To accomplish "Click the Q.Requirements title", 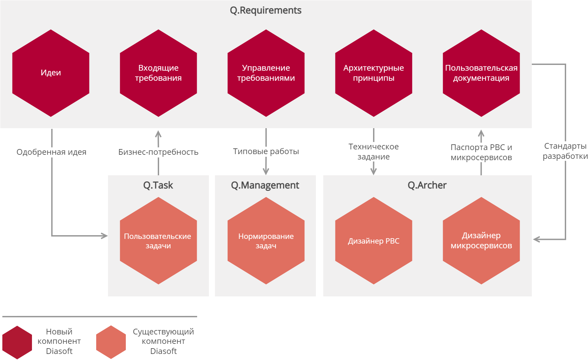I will pos(265,10).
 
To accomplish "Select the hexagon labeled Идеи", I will pos(51,73).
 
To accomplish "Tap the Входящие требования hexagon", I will pos(158,73).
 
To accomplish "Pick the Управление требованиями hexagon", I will pos(266,73).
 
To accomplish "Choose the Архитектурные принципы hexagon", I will pos(374,73).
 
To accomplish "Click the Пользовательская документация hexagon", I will pos(481,73).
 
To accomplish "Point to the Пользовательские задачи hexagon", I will pos(158,241).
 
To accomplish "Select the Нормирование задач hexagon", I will pos(266,241).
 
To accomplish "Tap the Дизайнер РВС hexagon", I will pos(374,241).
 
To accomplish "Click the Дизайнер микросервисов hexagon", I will pos(481,241).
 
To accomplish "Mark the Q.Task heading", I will pos(158,185).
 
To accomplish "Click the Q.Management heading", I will pos(265,185).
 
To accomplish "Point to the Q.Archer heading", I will pos(427,185).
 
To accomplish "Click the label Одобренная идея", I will pos(51,152).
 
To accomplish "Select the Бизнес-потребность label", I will pos(158,152).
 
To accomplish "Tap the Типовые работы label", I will pos(266,151).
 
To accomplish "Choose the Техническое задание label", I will pos(374,152).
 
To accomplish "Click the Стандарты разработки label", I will pos(565,151).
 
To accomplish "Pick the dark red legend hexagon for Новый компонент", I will pos(17,342).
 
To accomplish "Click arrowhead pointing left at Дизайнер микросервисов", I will pos(536,239).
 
